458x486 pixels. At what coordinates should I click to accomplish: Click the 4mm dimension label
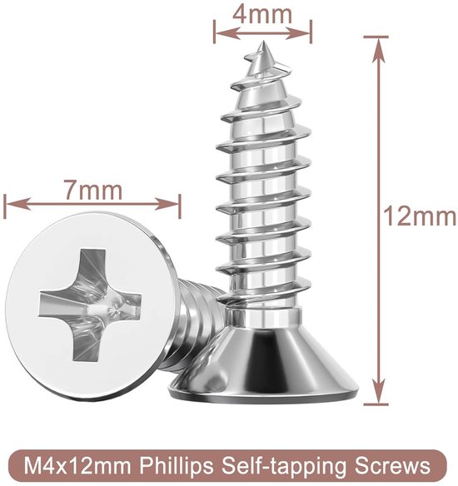tap(262, 15)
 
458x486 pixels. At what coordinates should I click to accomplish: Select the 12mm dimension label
tap(420, 216)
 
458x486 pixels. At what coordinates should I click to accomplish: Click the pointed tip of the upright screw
tap(262, 42)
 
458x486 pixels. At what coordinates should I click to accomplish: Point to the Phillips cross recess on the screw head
tap(90, 305)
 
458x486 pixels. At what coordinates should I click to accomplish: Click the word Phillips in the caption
tap(177, 466)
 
